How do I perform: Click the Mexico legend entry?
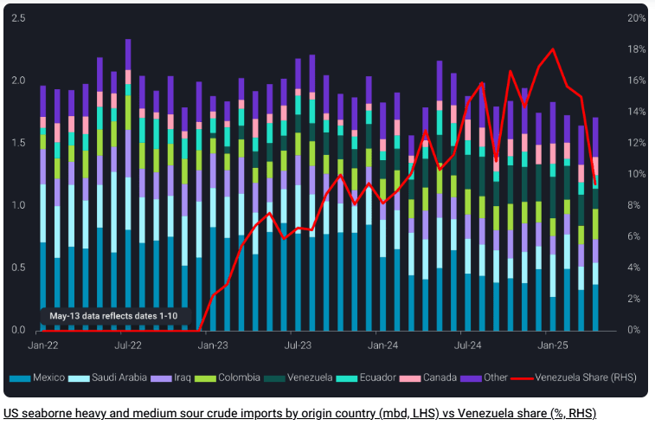pyautogui.click(x=44, y=378)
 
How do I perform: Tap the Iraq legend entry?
pyautogui.click(x=171, y=378)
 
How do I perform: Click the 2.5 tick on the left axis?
pyautogui.click(x=18, y=18)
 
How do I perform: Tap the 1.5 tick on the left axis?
pyautogui.click(x=18, y=143)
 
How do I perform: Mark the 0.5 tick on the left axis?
pyautogui.click(x=18, y=268)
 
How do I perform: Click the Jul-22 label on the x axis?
pyautogui.click(x=128, y=345)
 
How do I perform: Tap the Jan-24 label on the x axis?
pyautogui.click(x=382, y=345)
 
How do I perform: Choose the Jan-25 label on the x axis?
pyautogui.click(x=552, y=345)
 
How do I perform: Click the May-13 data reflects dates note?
pyautogui.click(x=113, y=316)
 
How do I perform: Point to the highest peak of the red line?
pyautogui.click(x=553, y=49)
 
